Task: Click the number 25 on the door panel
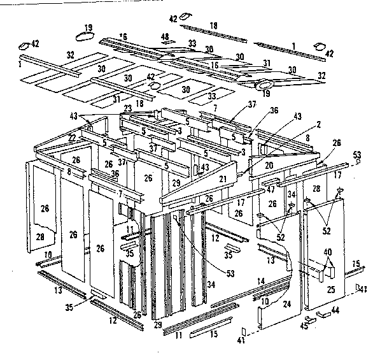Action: coord(330,290)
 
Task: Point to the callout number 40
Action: coord(327,252)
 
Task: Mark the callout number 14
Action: coord(260,280)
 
